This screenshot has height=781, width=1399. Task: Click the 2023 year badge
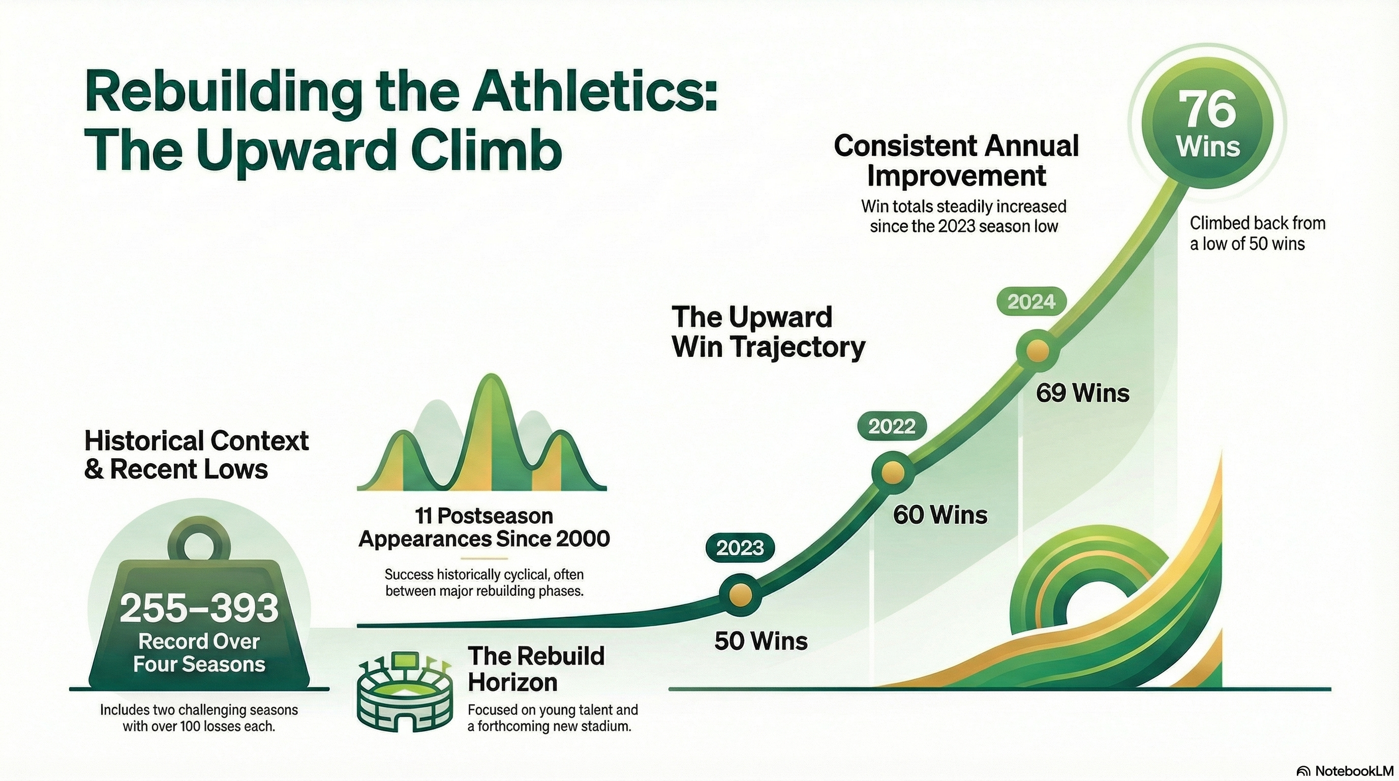(740, 549)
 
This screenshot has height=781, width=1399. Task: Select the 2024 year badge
(1031, 302)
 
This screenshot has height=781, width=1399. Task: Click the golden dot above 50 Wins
(740, 595)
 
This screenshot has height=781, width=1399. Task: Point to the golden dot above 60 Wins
(892, 473)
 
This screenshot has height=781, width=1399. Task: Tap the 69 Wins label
(1082, 393)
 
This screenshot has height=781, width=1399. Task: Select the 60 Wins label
(940, 515)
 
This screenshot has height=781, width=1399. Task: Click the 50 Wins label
(761, 641)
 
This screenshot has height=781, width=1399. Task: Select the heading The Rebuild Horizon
(536, 669)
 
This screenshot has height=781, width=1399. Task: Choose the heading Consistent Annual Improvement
(956, 161)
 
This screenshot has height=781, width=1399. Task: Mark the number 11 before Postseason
(423, 516)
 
